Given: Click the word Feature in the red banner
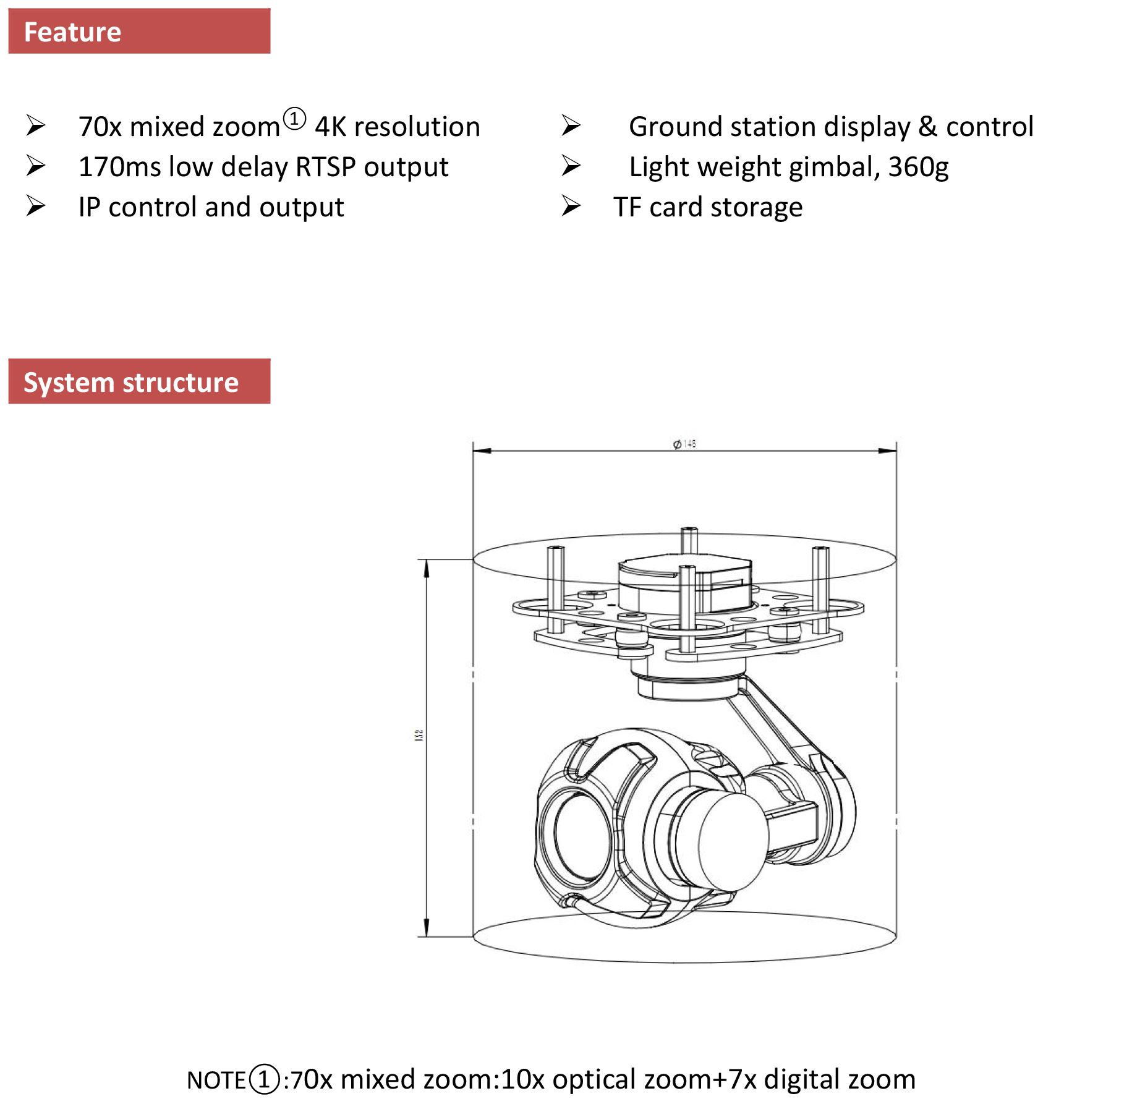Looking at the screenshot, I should pos(72,32).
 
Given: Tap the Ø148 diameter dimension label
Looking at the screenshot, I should pos(684,443).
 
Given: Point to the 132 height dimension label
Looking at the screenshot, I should pos(419,735).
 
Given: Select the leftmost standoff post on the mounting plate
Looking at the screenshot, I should pos(556,587).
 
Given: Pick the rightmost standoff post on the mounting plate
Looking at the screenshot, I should pos(820,587).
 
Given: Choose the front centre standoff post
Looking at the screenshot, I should pos(687,609).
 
